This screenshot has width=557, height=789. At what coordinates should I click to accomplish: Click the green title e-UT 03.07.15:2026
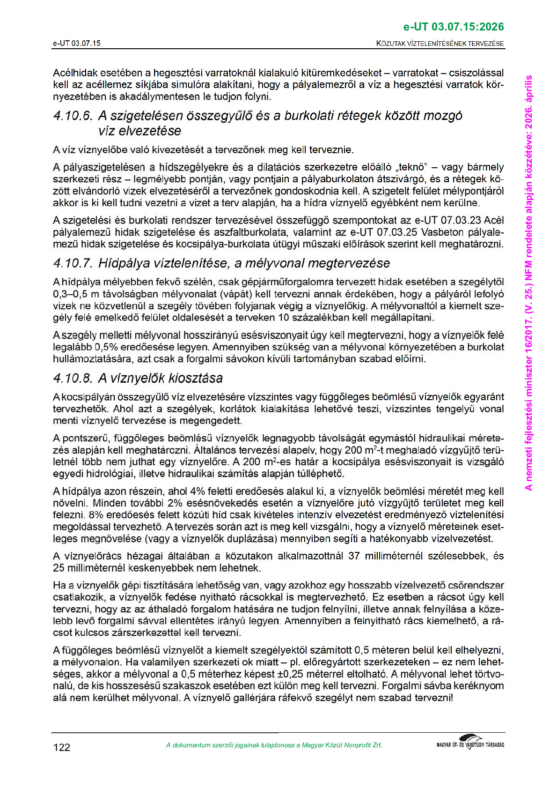coord(454,27)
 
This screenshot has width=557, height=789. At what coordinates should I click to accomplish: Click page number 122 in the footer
coord(62,747)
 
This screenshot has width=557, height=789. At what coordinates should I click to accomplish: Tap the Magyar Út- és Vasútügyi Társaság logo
coord(470,743)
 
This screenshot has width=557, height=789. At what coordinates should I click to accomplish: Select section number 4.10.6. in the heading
coord(73,116)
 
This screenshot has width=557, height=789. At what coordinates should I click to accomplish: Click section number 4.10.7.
coord(73,263)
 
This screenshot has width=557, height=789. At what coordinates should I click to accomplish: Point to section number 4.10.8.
coord(73,378)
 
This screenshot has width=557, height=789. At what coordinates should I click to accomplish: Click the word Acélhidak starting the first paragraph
coord(74,73)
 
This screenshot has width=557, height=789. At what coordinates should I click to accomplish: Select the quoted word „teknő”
coord(413,167)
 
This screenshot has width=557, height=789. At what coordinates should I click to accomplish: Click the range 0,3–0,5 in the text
coord(71,294)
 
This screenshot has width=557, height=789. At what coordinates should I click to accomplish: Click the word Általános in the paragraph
coord(304,450)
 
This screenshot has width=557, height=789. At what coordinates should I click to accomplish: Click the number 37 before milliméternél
coord(355,556)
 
